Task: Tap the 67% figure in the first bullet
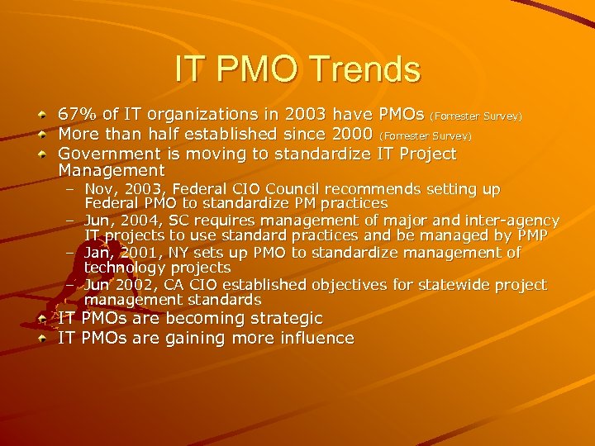click(x=77, y=114)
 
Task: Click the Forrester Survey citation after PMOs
click(x=476, y=116)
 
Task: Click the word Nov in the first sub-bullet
click(x=100, y=189)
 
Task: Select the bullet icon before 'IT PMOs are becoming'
click(x=41, y=317)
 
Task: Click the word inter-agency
click(x=512, y=221)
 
